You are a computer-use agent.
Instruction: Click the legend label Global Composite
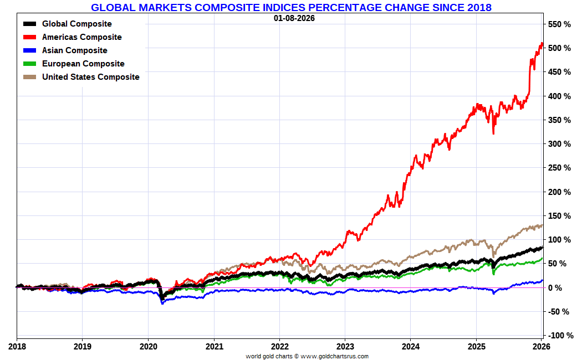click(76, 24)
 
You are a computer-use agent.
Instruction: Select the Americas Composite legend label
click(82, 37)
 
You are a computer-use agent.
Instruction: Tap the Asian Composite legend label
click(75, 50)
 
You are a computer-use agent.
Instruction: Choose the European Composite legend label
click(83, 64)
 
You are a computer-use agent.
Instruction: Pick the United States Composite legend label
click(91, 77)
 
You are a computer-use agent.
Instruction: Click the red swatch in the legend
click(30, 37)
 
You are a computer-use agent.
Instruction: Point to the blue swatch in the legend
click(30, 50)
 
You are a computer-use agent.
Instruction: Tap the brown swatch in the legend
click(30, 77)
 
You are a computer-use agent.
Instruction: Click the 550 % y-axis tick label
click(559, 24)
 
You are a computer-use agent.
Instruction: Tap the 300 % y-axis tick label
click(559, 144)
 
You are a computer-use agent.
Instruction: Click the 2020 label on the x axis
click(148, 347)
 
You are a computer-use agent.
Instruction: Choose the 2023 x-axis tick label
click(345, 347)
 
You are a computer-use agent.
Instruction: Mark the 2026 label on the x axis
click(541, 347)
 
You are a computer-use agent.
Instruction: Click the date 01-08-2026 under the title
click(294, 18)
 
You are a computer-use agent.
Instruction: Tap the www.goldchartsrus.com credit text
click(335, 356)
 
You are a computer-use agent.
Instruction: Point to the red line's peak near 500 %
click(541, 44)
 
